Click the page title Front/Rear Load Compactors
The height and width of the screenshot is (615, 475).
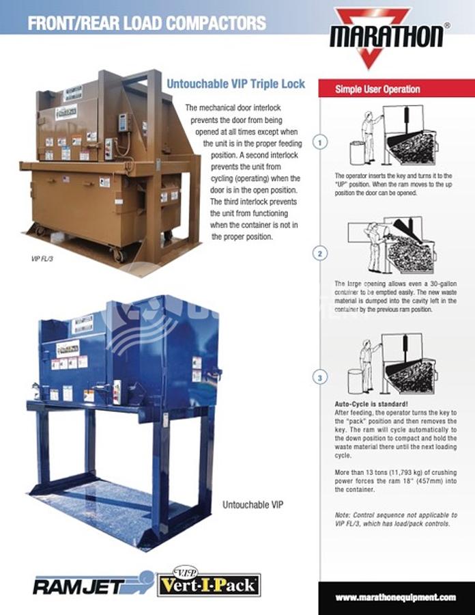(x=147, y=23)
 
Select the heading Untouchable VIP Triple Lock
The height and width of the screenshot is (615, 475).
(x=235, y=85)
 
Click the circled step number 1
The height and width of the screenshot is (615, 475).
(x=320, y=142)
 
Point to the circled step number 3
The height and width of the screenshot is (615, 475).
(x=320, y=377)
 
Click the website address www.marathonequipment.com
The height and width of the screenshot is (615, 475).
(x=396, y=597)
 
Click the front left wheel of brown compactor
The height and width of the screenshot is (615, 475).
(x=120, y=255)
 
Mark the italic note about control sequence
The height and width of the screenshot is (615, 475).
(x=396, y=519)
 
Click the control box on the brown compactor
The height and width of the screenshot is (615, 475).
(x=124, y=122)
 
